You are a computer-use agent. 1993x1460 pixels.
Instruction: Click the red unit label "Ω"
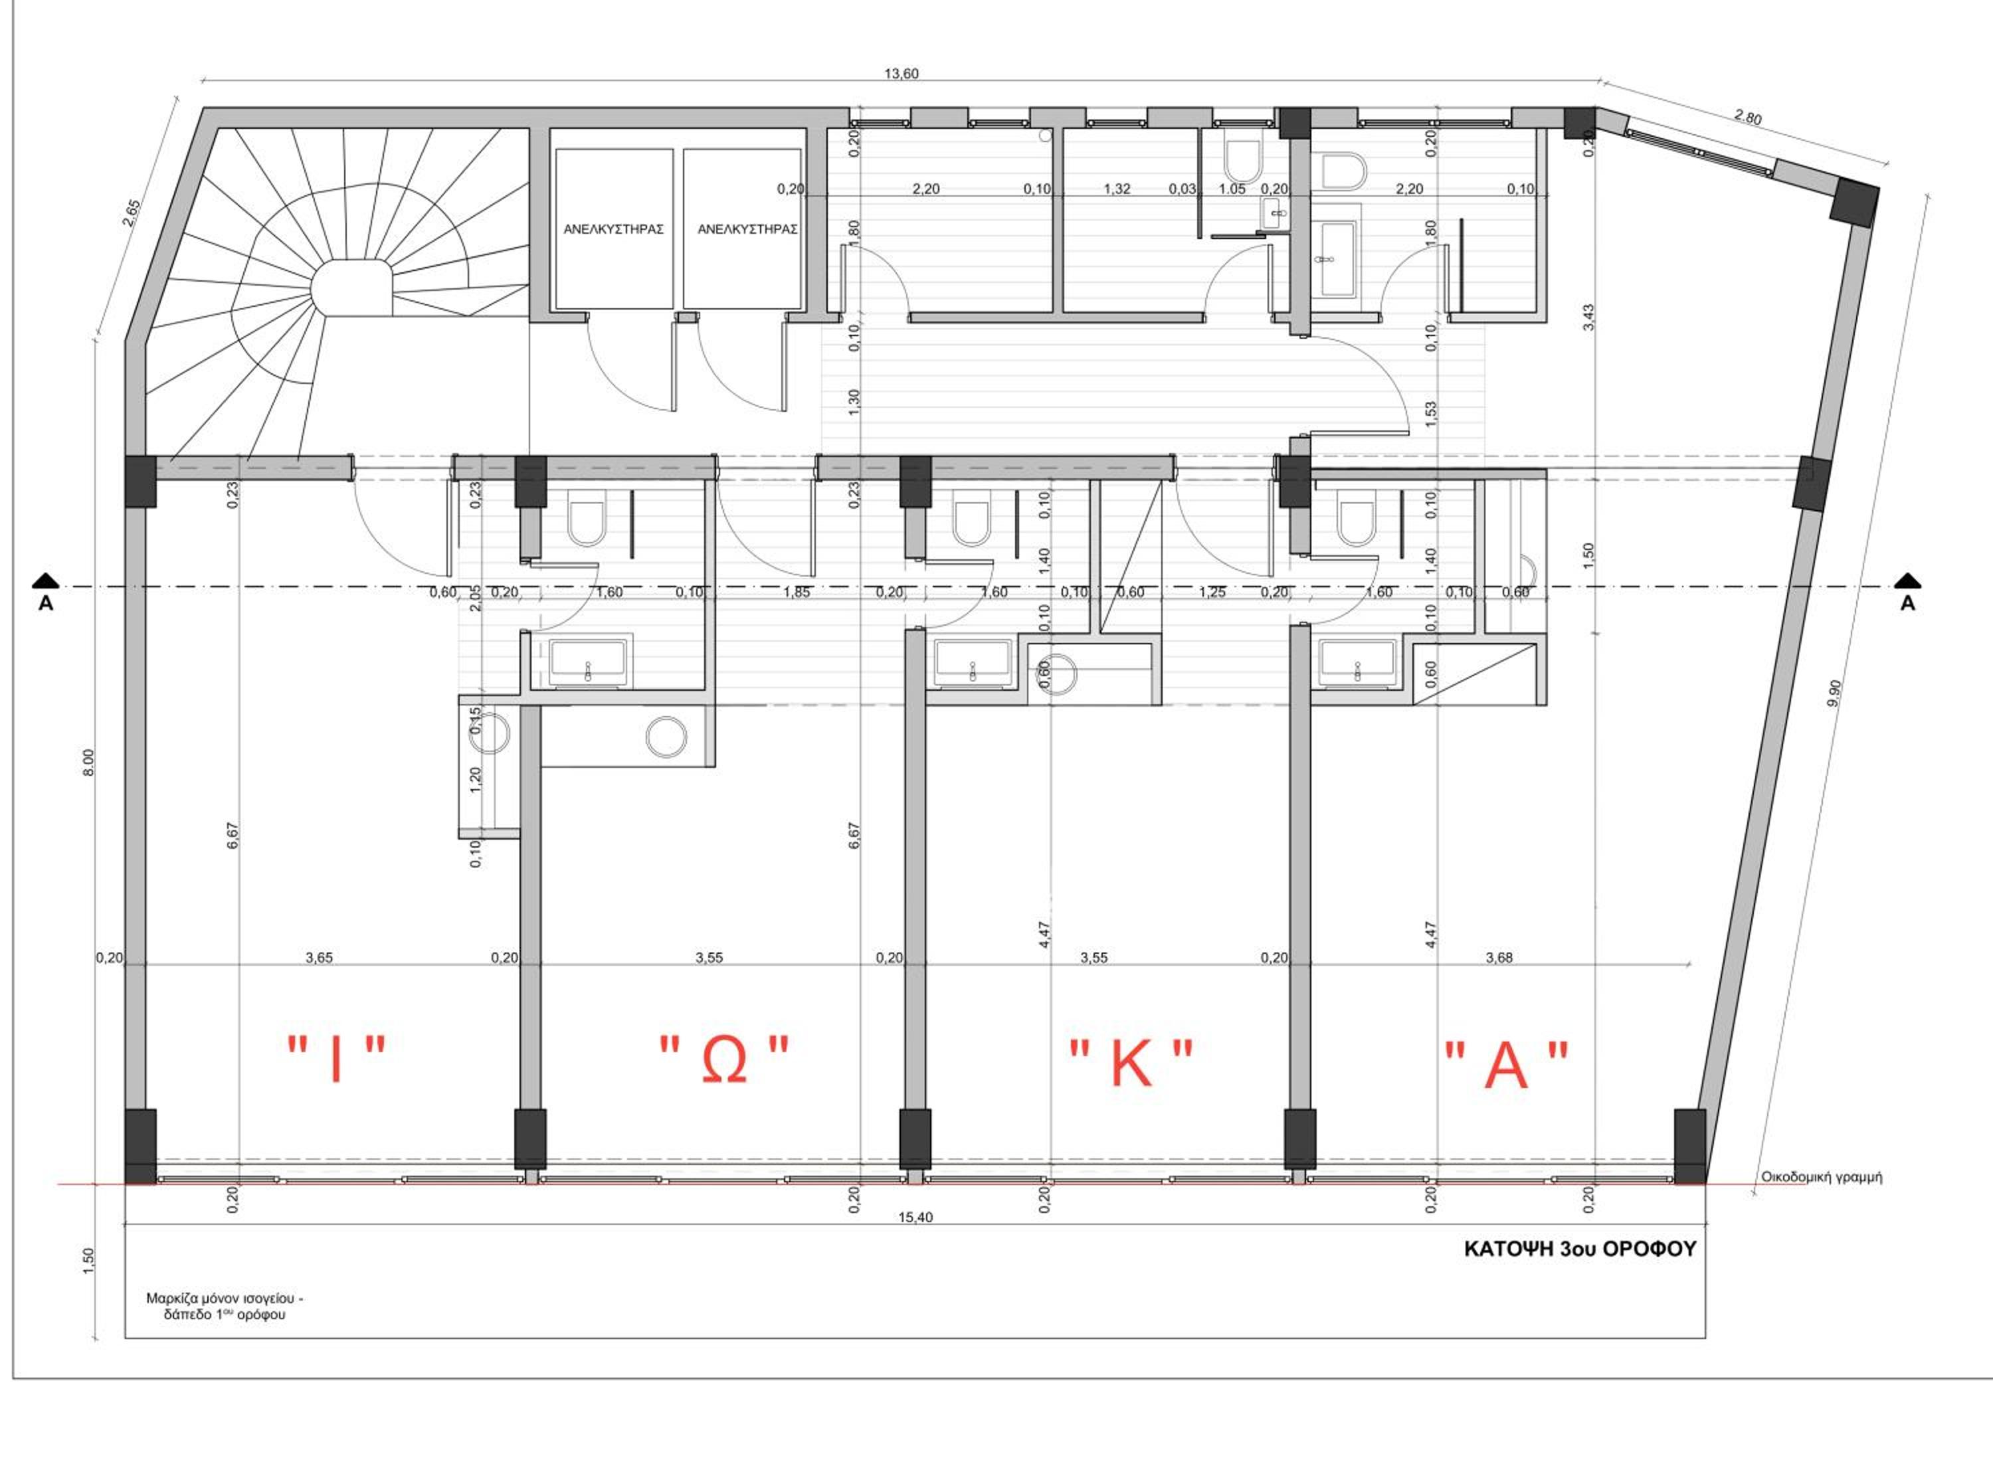[x=725, y=1059]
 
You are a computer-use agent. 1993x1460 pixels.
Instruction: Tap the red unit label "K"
[x=1131, y=1063]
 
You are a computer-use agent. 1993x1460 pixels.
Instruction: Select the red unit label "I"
[x=337, y=1059]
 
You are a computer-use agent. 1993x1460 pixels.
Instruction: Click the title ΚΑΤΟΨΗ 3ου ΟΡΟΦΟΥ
[x=1580, y=1249]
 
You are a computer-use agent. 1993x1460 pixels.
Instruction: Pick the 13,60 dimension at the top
[x=902, y=74]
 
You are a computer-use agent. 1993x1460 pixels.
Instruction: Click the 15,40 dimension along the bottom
[x=915, y=1217]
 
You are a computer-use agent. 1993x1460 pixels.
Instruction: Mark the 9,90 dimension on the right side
[x=1828, y=692]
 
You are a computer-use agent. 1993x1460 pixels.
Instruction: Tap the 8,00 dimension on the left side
[x=88, y=762]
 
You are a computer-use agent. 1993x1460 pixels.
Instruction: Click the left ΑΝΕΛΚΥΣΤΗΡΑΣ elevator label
[x=613, y=229]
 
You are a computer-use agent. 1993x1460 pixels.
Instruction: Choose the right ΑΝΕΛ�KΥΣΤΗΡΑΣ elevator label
[x=747, y=229]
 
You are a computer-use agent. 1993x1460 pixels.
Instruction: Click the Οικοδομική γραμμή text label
[x=1822, y=1177]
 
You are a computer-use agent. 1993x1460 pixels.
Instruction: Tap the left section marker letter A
[x=46, y=604]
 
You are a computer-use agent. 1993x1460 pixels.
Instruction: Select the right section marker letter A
[x=1907, y=604]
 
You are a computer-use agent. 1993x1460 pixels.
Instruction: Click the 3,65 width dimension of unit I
[x=319, y=957]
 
